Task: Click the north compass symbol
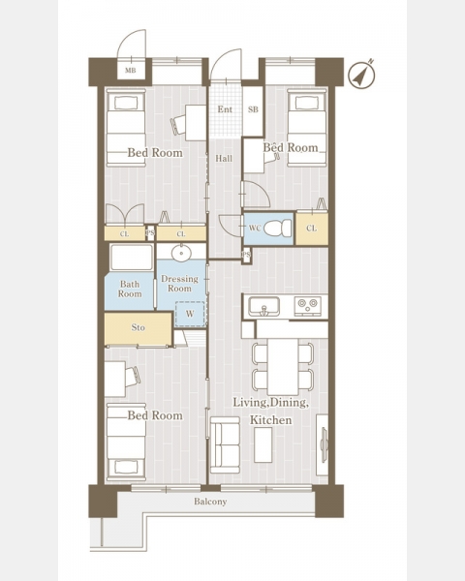[x=361, y=75]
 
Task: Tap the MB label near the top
[x=130, y=71]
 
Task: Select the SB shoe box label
[x=253, y=109]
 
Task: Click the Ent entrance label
[x=225, y=109]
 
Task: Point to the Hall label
[x=224, y=159]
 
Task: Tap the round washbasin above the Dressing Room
[x=181, y=254]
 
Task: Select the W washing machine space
[x=190, y=314]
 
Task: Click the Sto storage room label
[x=138, y=327]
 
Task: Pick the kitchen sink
[x=264, y=307]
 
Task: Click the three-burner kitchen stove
[x=308, y=306]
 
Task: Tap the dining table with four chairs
[x=283, y=367]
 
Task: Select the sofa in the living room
[x=225, y=444]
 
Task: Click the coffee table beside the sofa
[x=263, y=444]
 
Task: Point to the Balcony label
[x=210, y=502]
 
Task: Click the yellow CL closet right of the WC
[x=312, y=229]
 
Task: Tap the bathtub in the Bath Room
[x=132, y=258]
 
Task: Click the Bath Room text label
[x=130, y=289]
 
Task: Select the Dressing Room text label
[x=179, y=284]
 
